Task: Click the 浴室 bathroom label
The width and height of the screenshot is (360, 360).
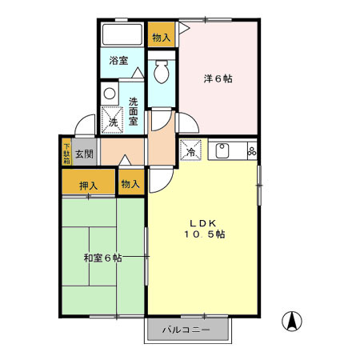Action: (x=118, y=59)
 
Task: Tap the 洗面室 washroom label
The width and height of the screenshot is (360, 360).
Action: (x=134, y=111)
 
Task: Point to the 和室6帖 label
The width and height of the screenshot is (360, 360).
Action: (x=102, y=258)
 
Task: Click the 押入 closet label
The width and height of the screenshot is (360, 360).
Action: (x=89, y=186)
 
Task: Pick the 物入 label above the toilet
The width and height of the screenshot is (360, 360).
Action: (x=161, y=37)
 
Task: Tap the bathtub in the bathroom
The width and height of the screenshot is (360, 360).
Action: (x=122, y=35)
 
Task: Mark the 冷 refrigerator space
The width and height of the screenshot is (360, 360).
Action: (x=191, y=150)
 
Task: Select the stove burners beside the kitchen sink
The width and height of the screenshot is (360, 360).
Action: (x=251, y=149)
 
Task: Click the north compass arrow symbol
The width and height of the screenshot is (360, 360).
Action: (x=294, y=321)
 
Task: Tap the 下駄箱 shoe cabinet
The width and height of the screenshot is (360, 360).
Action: (x=66, y=152)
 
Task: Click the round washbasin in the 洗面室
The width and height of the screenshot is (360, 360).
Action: (x=110, y=92)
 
